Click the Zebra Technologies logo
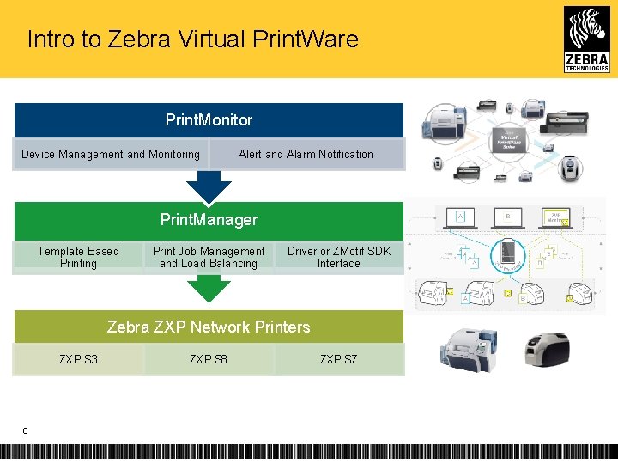586,39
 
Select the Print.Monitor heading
209,120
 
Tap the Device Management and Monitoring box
110,155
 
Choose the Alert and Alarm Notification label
306,155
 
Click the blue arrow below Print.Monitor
209,186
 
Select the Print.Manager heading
209,220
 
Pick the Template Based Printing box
78,257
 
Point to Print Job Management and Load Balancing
209,257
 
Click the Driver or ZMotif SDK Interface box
339,257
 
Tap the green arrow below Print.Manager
209,289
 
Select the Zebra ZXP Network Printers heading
209,327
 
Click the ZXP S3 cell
78,359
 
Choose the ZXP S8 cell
209,359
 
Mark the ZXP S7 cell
339,359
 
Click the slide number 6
25,430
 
